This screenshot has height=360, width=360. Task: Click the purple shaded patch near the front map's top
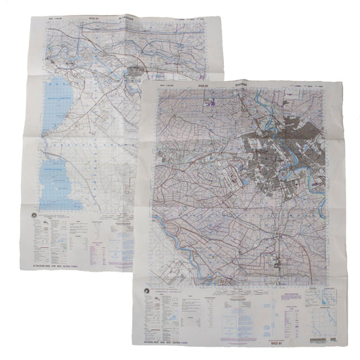211,102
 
